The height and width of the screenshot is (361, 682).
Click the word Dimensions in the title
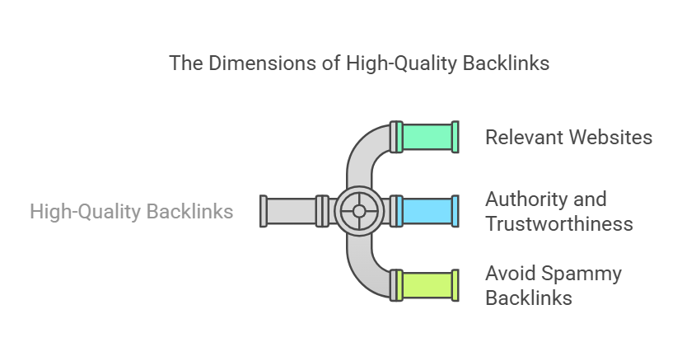click(x=263, y=63)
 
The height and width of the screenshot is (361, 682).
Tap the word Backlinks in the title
click(x=506, y=63)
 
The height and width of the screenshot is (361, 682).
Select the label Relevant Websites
click(x=568, y=137)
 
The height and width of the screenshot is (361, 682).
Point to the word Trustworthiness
click(x=559, y=224)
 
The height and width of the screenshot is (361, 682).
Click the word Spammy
click(x=582, y=274)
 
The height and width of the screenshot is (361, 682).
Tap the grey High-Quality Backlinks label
click(x=131, y=212)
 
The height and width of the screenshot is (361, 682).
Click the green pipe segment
click(x=427, y=137)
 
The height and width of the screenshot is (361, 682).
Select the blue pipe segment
click(x=427, y=211)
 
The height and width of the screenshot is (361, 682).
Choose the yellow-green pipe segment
click(x=427, y=285)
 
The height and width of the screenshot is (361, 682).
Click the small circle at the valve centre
click(x=359, y=211)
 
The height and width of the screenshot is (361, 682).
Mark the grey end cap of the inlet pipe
click(x=263, y=211)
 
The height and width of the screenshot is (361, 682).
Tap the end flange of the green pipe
click(x=455, y=137)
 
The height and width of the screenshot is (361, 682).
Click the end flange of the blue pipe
click(x=455, y=211)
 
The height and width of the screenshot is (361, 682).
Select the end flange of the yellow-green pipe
click(x=455, y=285)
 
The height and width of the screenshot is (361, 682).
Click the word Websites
click(x=610, y=137)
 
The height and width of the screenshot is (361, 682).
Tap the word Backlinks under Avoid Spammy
click(x=529, y=298)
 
